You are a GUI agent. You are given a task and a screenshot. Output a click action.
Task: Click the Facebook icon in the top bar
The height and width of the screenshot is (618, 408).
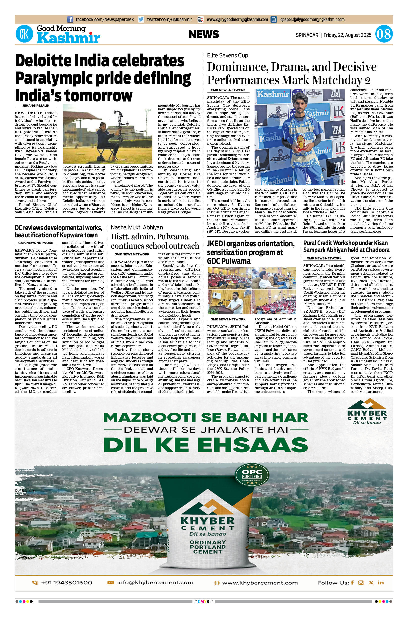[70, 19]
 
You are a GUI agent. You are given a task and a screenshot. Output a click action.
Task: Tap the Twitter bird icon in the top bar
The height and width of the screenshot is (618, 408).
[141, 19]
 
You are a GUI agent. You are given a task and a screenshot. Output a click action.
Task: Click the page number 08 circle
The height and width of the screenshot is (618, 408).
[384, 34]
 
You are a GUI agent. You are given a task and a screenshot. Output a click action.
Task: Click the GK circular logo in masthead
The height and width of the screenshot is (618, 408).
[25, 34]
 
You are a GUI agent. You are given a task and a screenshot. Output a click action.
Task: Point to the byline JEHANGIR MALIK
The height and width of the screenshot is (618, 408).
[36, 106]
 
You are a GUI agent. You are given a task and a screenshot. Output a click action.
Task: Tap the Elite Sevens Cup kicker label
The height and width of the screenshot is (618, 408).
[228, 55]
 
